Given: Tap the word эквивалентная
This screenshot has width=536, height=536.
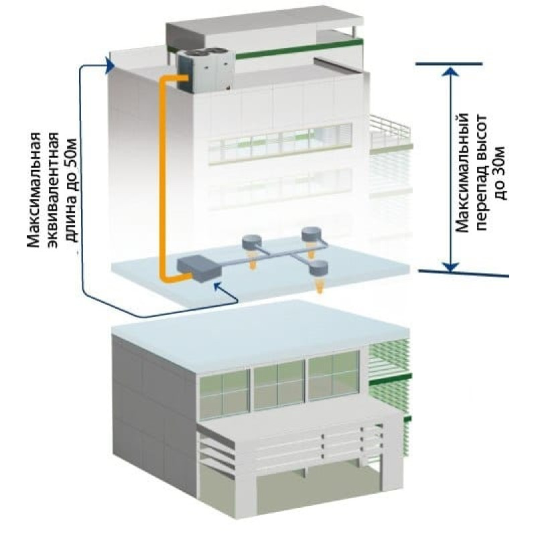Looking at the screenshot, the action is click(x=54, y=190).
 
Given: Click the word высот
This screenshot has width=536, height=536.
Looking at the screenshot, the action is click(x=481, y=131).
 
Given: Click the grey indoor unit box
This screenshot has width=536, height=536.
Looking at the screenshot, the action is click(x=199, y=269).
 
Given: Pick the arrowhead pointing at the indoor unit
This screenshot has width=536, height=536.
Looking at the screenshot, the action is click(x=217, y=286).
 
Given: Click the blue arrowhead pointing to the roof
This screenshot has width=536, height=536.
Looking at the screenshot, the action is click(x=110, y=65).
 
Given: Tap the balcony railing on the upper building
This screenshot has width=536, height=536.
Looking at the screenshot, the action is click(x=389, y=131).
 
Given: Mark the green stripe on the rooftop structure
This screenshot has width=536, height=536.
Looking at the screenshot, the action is click(x=299, y=49).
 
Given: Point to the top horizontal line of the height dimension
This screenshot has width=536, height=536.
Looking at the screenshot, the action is click(x=449, y=64).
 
